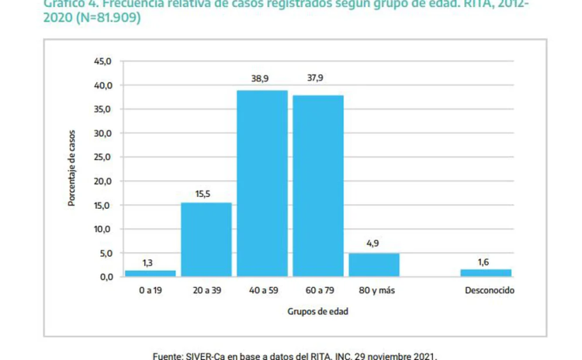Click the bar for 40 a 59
262,183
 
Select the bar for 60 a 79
317,185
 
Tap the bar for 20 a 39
206,239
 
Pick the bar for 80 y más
373,265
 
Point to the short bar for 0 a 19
150,273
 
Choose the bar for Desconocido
485,272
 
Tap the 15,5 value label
206,192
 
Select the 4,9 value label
373,244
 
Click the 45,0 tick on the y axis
103,61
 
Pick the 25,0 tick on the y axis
103,157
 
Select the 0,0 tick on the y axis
106,277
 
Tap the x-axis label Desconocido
485,292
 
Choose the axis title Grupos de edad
317,312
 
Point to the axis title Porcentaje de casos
72,168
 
